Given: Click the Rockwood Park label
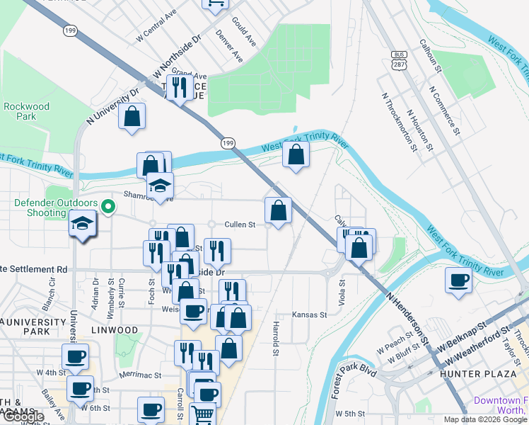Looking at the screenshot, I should click(26, 111).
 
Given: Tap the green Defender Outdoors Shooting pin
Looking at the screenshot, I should click(107, 207).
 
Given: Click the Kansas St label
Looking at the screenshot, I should click(310, 314).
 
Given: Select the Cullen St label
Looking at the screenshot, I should click(239, 225).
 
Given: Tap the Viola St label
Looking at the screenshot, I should click(342, 291).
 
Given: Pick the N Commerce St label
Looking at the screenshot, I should click(444, 111).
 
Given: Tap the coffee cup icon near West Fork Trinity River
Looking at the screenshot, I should click(458, 280).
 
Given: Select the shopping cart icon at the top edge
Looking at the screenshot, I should click(215, 4).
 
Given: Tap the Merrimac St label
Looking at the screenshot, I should click(141, 375).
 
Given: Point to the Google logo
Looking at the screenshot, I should click(23, 416).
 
